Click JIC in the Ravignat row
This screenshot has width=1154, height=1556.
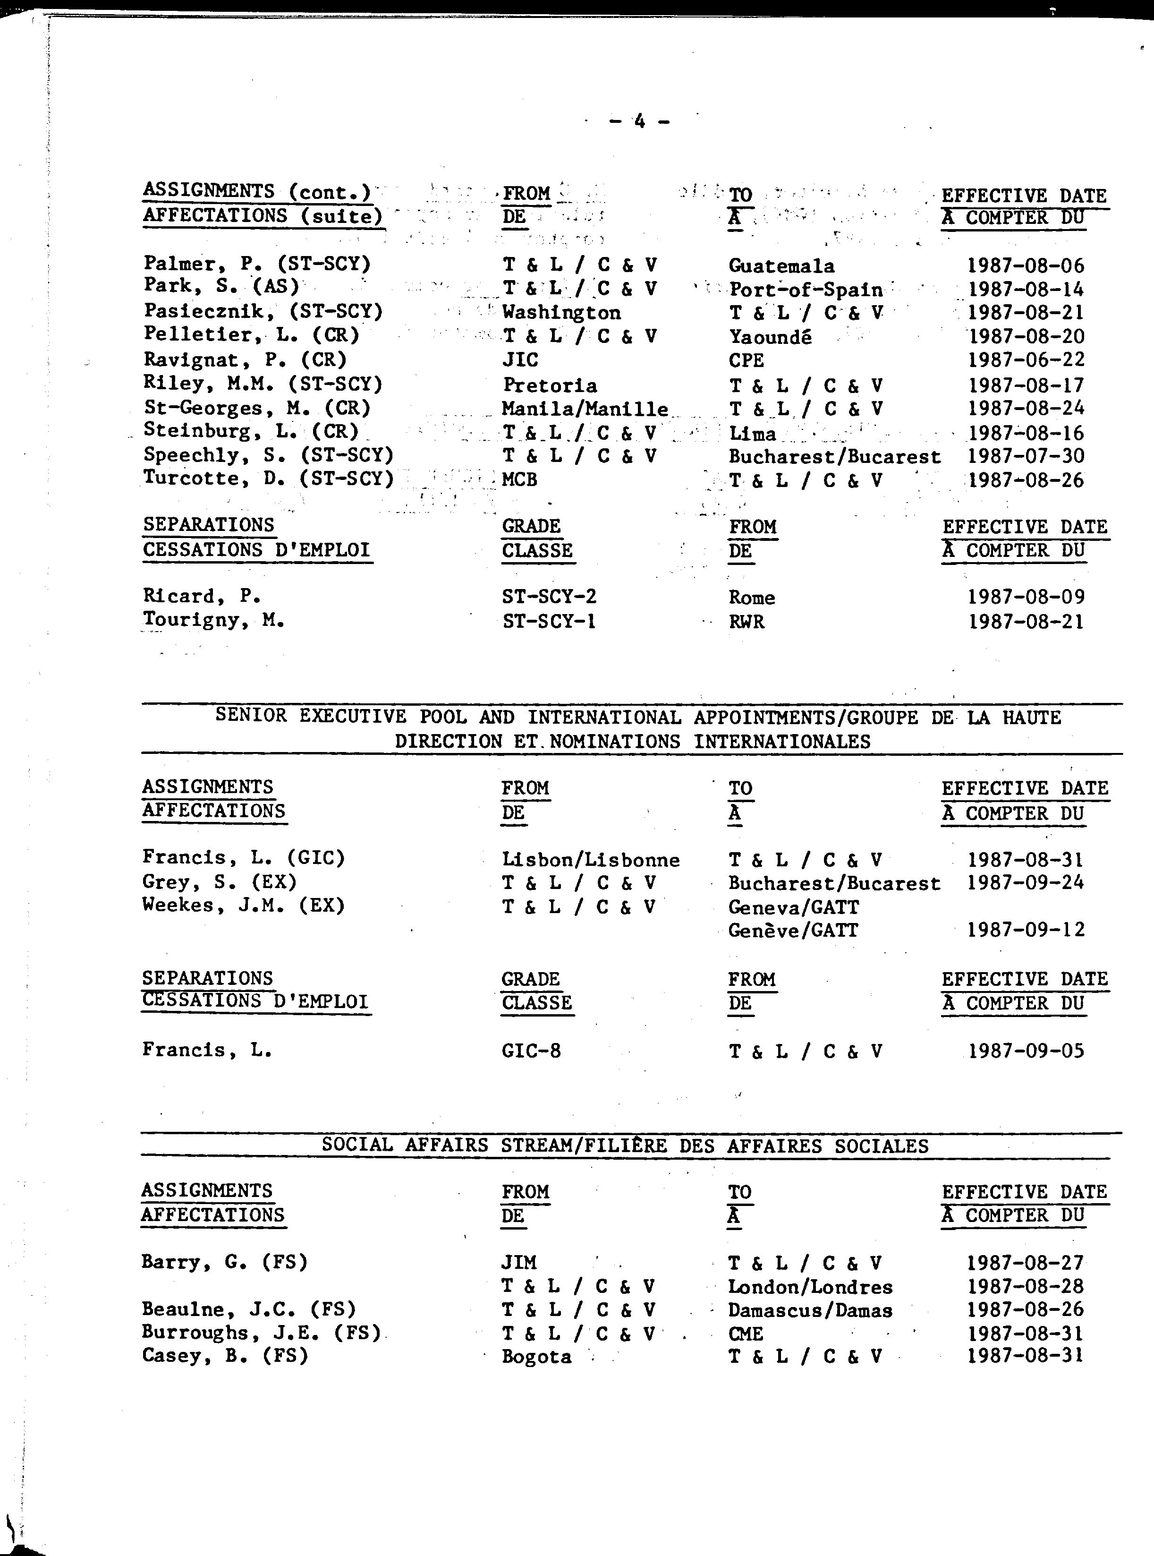[520, 360]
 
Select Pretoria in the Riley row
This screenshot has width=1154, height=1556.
[550, 385]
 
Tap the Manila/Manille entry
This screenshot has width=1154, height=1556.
[585, 409]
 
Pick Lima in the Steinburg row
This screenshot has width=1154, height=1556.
[752, 434]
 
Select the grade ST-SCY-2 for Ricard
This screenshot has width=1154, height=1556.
[549, 597]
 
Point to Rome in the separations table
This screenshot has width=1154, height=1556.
[752, 598]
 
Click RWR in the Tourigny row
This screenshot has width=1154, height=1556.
[746, 622]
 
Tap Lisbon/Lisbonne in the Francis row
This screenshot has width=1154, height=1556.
[590, 859]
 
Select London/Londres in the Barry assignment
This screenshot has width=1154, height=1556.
[810, 1287]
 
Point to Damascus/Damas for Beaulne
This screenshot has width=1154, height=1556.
[810, 1310]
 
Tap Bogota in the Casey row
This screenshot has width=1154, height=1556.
[536, 1357]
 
